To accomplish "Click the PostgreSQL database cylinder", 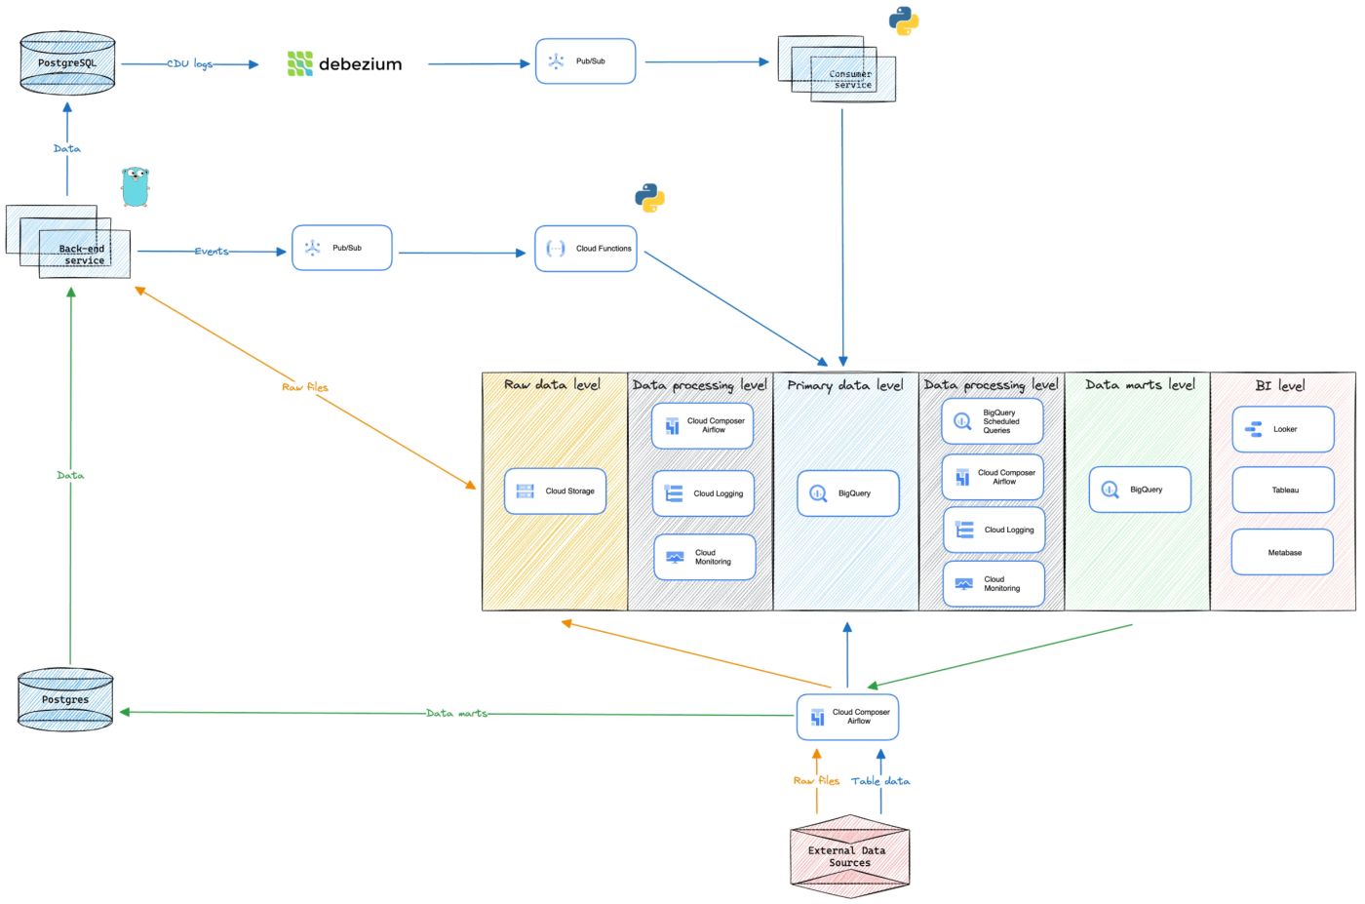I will tap(67, 62).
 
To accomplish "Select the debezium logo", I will tap(344, 64).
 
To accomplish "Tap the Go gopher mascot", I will tap(136, 186).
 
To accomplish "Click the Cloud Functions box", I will tap(586, 249).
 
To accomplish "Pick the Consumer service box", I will tap(838, 71).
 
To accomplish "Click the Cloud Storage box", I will tap(556, 491).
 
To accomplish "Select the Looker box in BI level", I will tap(1283, 429).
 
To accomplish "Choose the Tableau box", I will tap(1283, 491).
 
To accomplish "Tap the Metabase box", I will tap(1282, 552).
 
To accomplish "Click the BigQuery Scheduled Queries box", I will tap(993, 421).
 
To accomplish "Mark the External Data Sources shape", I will tap(849, 856).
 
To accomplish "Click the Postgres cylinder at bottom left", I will tap(65, 699).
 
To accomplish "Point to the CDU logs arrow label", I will tap(189, 64).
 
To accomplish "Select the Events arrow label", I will tap(212, 252).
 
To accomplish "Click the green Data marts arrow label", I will tap(456, 714).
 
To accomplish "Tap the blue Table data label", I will tap(880, 781).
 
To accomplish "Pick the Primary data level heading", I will tap(845, 385).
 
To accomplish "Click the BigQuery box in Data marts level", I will tap(1140, 490).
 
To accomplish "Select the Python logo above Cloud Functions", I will tap(649, 198).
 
